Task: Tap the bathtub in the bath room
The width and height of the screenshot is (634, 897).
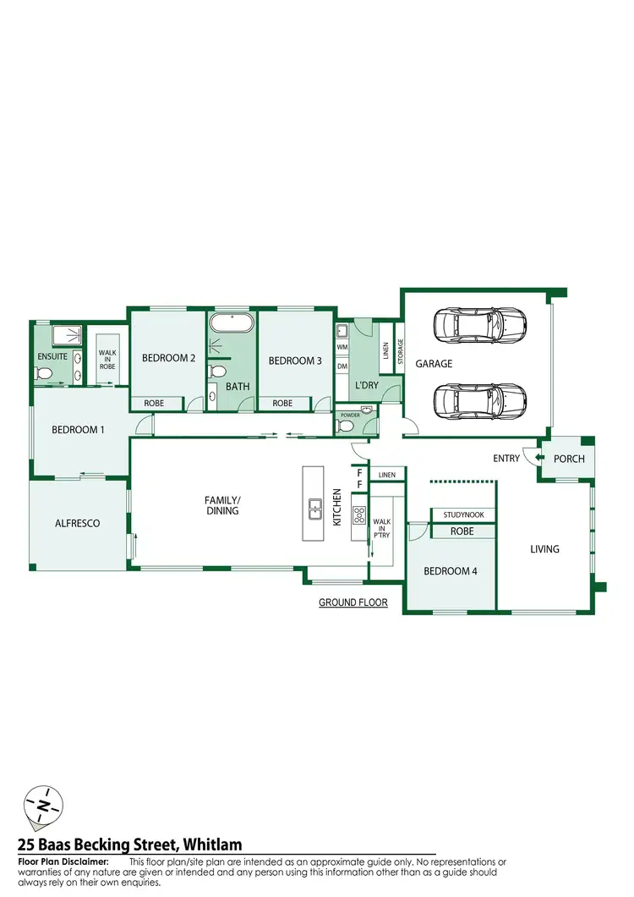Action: [231, 324]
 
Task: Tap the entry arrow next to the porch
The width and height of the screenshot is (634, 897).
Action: [530, 458]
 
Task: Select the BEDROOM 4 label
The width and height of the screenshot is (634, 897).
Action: [450, 571]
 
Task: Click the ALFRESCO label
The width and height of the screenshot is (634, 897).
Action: [78, 523]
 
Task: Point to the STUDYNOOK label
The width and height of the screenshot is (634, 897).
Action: [463, 514]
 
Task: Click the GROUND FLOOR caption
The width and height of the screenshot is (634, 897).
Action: [353, 603]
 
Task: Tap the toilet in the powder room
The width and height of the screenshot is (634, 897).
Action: [342, 426]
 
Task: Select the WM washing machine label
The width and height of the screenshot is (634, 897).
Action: [342, 347]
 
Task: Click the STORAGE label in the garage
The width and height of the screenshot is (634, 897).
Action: [401, 350]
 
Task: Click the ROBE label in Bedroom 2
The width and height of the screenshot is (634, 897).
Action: [154, 403]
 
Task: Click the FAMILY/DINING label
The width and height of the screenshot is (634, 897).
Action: [221, 505]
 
